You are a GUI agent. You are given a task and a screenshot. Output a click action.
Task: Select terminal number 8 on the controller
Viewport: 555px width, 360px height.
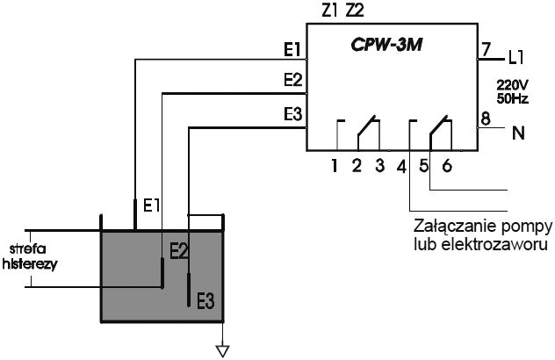(x=487, y=117)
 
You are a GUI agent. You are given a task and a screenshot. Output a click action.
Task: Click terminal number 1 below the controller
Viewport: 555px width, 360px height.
(x=335, y=164)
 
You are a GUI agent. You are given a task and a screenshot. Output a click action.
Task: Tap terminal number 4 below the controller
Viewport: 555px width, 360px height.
(x=401, y=164)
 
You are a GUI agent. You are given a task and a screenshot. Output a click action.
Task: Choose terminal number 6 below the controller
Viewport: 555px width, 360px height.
(x=446, y=164)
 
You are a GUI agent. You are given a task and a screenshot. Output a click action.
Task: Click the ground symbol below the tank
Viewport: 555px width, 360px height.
(x=223, y=351)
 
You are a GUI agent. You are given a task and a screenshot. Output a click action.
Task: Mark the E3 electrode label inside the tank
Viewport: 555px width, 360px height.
(x=205, y=301)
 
